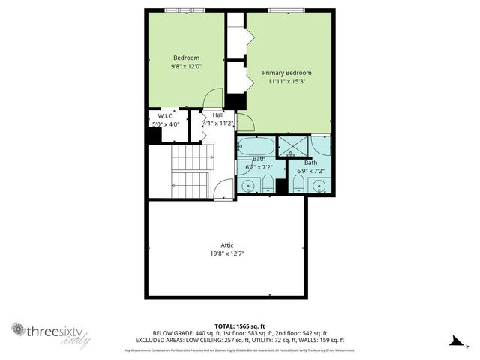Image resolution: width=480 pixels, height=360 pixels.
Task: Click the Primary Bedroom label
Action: pyautogui.click(x=286, y=73)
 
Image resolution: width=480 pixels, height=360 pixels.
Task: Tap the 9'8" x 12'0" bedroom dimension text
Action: pyautogui.click(x=187, y=67)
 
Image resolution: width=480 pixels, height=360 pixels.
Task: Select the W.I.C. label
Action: pyautogui.click(x=166, y=115)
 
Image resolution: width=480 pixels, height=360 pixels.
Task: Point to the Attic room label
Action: pyautogui.click(x=227, y=244)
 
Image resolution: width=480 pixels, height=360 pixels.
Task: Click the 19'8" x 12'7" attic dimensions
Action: pyautogui.click(x=227, y=253)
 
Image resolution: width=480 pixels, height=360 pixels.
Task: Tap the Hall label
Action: pyautogui.click(x=217, y=115)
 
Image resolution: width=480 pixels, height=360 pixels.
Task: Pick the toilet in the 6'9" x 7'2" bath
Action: pyautogui.click(x=298, y=184)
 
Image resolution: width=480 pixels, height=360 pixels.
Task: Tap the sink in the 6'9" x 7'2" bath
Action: pyautogui.click(x=319, y=185)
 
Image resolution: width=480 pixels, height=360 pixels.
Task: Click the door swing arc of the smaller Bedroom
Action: pyautogui.click(x=214, y=98)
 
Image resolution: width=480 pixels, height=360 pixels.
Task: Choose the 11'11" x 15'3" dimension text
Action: pyautogui.click(x=286, y=82)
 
